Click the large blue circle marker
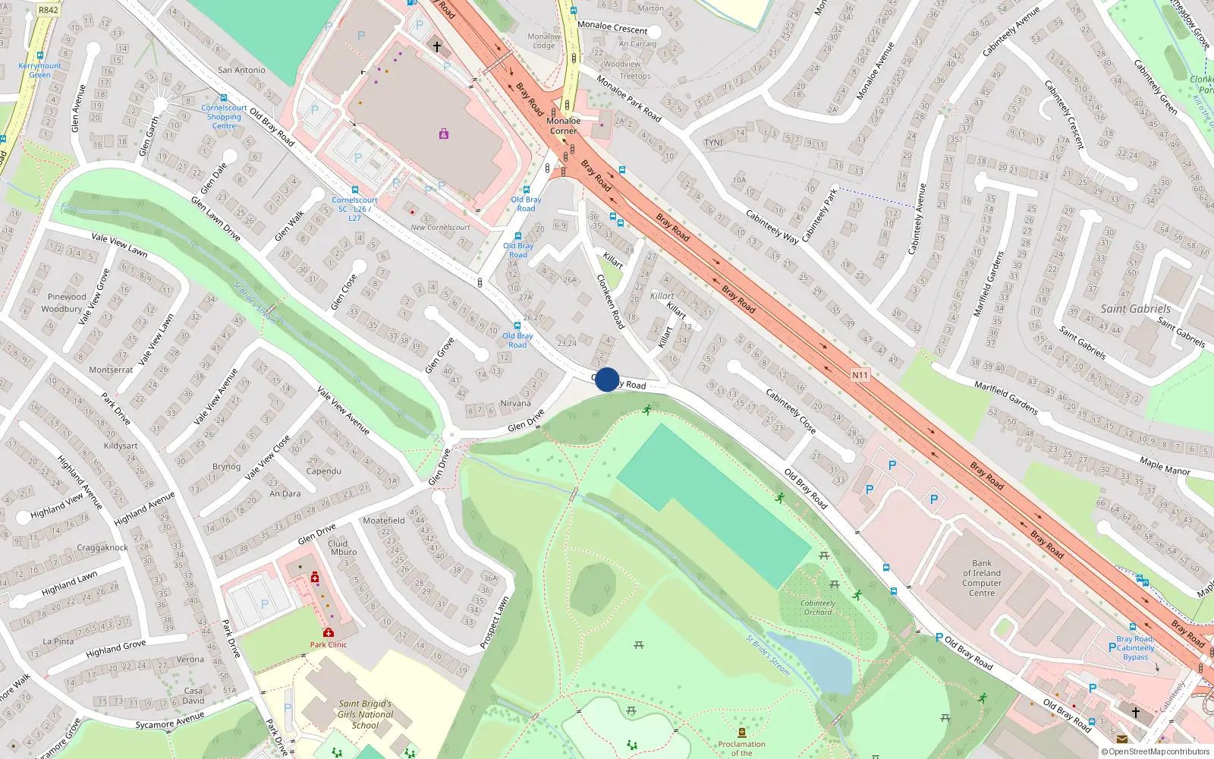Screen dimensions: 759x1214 tap(607, 379)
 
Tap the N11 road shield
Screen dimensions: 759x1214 tap(859, 375)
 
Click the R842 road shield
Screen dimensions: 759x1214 tap(48, 10)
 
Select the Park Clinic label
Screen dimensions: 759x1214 tap(328, 644)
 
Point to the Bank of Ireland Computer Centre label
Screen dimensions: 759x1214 tap(982, 578)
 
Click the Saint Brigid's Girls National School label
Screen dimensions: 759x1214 tap(365, 714)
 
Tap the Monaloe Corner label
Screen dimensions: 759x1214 tap(564, 125)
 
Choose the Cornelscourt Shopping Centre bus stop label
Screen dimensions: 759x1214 tap(224, 117)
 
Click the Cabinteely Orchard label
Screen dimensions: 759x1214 tap(818, 607)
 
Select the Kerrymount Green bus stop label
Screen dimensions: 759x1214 tap(39, 70)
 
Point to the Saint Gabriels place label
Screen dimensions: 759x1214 tap(1135, 309)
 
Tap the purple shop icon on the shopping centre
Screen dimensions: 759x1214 tap(443, 134)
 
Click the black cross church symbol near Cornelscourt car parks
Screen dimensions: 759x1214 tap(437, 47)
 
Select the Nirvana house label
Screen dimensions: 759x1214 tap(515, 403)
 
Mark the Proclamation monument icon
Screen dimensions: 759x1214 tap(741, 732)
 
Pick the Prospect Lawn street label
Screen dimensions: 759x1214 tap(494, 622)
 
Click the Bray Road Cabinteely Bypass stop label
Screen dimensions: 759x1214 tap(1135, 647)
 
